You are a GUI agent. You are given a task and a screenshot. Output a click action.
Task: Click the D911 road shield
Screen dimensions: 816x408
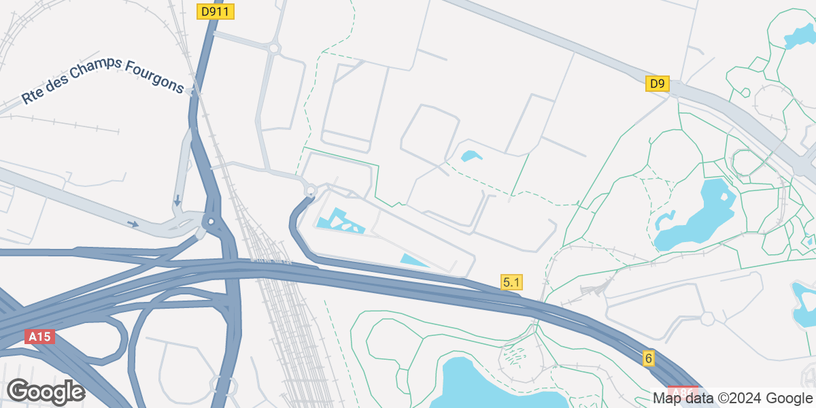click(x=216, y=12)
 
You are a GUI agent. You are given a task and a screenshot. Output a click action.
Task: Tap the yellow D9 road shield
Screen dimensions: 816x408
click(x=657, y=84)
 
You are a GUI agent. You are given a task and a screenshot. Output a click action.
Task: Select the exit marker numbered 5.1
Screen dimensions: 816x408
click(x=511, y=282)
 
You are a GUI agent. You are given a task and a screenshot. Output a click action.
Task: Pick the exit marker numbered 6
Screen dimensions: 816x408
click(x=649, y=358)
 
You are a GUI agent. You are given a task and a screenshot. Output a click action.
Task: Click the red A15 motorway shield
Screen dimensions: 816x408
click(x=39, y=337)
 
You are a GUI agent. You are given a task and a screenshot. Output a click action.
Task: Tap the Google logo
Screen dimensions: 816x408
click(x=46, y=392)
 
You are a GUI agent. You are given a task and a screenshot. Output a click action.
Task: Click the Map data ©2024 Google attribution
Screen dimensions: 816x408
click(x=733, y=398)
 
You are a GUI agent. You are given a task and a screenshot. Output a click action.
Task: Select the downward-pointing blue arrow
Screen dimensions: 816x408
click(x=177, y=201)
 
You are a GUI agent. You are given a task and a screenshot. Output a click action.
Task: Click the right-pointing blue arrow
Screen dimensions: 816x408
click(x=133, y=223)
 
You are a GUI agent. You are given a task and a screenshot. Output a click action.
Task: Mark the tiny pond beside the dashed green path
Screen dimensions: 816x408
click(x=471, y=156)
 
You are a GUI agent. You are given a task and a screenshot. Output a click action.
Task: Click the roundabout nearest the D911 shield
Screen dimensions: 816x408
click(x=275, y=48)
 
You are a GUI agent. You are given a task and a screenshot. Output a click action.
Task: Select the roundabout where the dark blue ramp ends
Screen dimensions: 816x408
click(x=311, y=191)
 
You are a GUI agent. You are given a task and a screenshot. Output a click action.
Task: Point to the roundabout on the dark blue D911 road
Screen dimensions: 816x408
click(x=211, y=222)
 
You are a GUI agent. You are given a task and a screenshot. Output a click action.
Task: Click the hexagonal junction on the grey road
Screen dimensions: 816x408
click(x=707, y=318)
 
